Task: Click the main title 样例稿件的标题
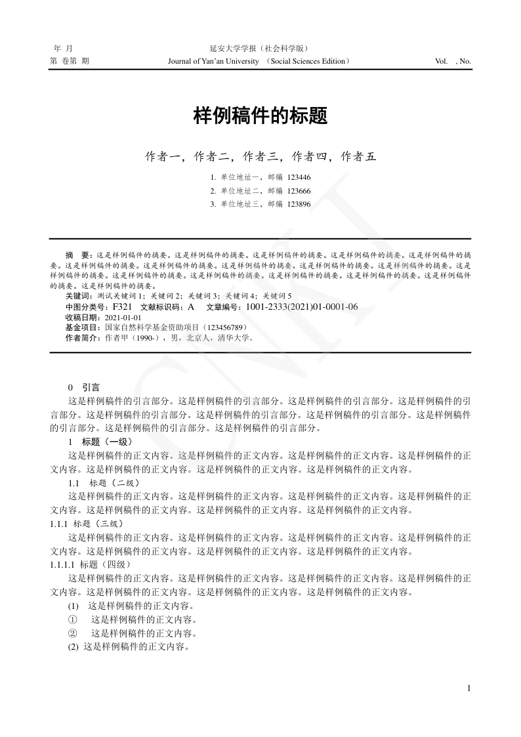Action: [x=260, y=117]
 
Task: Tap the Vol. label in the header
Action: [x=442, y=62]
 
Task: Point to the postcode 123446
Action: [x=299, y=177]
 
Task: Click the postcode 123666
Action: [x=299, y=191]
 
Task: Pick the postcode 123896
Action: [x=299, y=204]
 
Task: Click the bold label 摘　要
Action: [x=79, y=254]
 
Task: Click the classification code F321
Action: [x=123, y=306]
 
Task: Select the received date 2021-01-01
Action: [x=123, y=317]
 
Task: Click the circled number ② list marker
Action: [x=73, y=633]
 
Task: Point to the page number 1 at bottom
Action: [x=469, y=688]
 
